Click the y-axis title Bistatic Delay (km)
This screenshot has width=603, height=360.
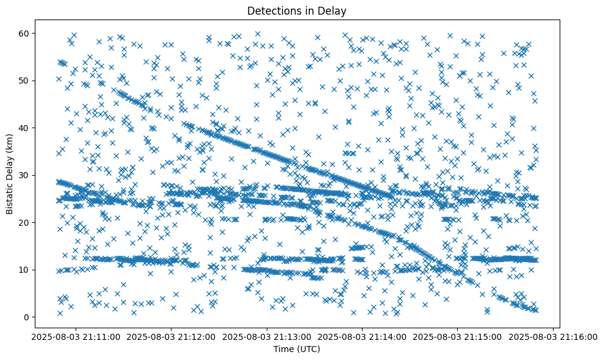coord(10,175)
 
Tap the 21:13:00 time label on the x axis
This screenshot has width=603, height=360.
coord(267,336)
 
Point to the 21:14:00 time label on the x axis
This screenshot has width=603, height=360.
coord(362,336)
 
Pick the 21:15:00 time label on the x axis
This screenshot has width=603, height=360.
coord(458,336)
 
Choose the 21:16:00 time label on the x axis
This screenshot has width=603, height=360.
coord(554,336)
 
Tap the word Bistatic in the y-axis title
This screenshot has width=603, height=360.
coord(10,196)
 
